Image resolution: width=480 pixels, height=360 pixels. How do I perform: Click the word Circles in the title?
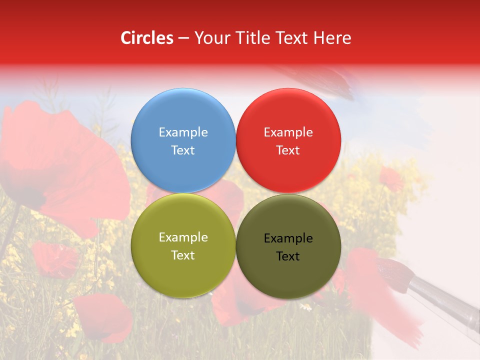click(146, 38)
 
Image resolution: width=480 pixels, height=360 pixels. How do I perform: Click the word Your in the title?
click(210, 38)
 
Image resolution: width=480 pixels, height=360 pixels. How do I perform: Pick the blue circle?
click(183, 107)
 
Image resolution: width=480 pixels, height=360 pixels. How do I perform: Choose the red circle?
click(288, 107)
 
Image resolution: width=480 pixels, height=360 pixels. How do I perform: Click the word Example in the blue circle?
click(183, 132)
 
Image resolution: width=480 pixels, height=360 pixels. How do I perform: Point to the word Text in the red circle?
click(288, 150)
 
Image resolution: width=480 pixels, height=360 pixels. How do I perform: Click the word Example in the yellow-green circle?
click(183, 237)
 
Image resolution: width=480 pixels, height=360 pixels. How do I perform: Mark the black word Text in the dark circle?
click(288, 256)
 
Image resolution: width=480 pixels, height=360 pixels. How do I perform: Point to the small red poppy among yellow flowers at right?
click(391, 178)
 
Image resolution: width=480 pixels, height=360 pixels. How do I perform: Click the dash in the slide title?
click(183, 38)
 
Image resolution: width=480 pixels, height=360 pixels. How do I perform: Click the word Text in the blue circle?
click(183, 150)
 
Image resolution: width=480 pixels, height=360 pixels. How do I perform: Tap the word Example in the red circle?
click(288, 132)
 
